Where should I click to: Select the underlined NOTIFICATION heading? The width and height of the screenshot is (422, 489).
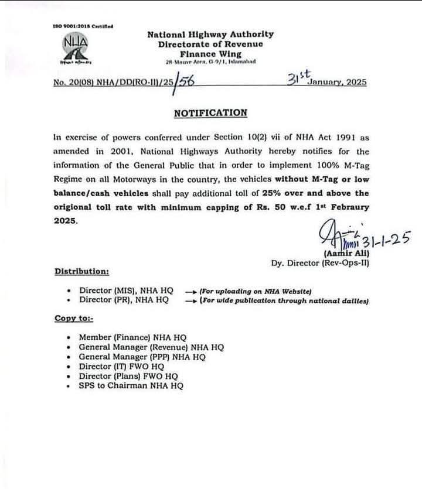point(210,112)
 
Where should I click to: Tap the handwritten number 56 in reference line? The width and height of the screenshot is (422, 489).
point(186,82)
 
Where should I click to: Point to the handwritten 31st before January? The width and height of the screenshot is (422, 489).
point(300,77)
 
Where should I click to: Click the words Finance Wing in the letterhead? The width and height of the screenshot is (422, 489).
point(210,53)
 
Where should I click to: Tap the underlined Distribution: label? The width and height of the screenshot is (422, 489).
point(81,271)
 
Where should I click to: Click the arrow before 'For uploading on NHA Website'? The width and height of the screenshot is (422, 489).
point(190,291)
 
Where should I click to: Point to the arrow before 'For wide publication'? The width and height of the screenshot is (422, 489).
point(190,300)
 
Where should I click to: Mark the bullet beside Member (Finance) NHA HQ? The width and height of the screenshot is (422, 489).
point(70,338)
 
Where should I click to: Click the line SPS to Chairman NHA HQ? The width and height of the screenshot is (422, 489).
point(131,386)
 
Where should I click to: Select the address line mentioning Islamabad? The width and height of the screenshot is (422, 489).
point(210,62)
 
